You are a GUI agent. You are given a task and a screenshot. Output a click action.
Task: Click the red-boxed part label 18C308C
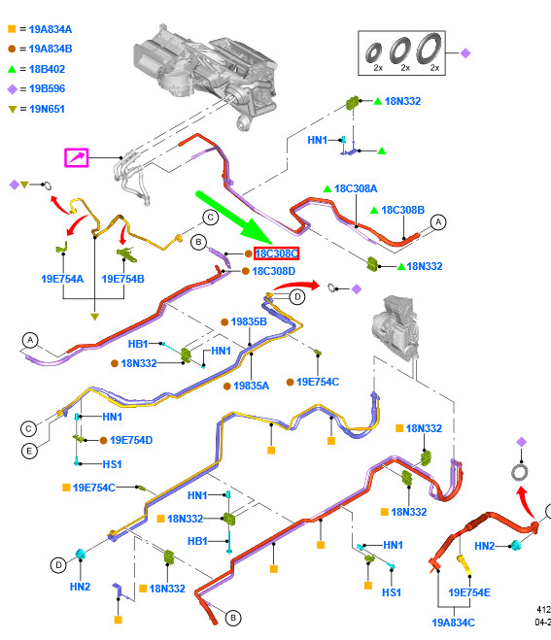(277, 253)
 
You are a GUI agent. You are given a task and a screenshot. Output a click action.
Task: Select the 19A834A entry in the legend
(40, 29)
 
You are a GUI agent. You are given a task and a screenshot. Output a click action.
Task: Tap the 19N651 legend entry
(36, 109)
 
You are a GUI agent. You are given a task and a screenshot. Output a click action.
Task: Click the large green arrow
(234, 219)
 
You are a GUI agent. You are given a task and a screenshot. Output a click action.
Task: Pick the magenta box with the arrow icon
(77, 157)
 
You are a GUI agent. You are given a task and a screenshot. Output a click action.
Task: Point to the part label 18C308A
(356, 188)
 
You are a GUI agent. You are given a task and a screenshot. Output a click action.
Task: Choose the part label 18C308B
(402, 210)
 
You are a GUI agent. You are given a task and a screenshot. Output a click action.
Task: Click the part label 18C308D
(273, 271)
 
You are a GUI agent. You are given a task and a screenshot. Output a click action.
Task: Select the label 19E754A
(62, 279)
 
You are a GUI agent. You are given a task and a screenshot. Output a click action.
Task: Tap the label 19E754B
(122, 279)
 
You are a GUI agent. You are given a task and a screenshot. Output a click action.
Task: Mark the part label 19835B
(249, 321)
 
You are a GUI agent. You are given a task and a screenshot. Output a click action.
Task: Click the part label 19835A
(251, 386)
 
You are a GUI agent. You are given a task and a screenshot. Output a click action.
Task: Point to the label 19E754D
(131, 440)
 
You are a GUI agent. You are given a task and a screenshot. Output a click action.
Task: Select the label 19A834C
(454, 623)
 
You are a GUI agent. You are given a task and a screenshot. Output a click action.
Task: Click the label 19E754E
(469, 592)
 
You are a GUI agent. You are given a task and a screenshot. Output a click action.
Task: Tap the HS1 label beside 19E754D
(112, 464)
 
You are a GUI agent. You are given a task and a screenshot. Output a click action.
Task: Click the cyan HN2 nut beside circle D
(81, 555)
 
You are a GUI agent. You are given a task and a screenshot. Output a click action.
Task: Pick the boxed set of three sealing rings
(401, 53)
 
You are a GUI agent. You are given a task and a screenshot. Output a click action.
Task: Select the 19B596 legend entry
(36, 88)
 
